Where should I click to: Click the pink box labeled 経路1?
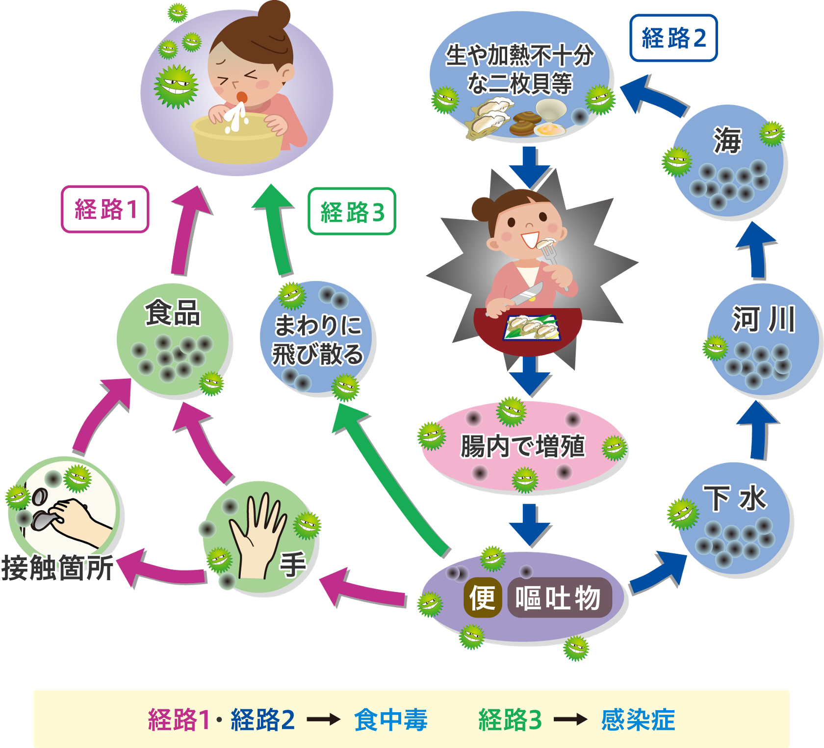tap(105, 209)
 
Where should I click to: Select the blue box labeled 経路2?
tap(673, 38)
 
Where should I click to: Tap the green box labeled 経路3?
tap(352, 211)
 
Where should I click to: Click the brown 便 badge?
tap(482, 597)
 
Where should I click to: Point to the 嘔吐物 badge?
tap(559, 597)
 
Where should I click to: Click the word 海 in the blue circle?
tap(727, 140)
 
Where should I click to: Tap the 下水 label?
tap(734, 498)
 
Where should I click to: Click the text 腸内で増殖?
tap(522, 446)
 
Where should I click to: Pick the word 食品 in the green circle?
tap(173, 312)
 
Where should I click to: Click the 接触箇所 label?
tap(57, 567)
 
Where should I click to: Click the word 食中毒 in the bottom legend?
tap(391, 720)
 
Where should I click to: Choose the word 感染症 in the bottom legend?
tap(638, 720)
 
